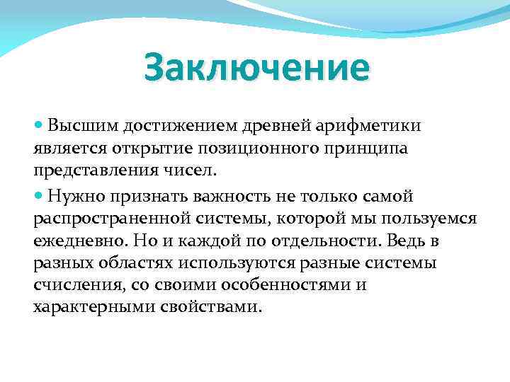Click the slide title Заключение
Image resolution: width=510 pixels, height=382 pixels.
[256, 69]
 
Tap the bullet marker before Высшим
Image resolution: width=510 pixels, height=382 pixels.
[38, 125]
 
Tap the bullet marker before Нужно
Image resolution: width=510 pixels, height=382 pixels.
[38, 195]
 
